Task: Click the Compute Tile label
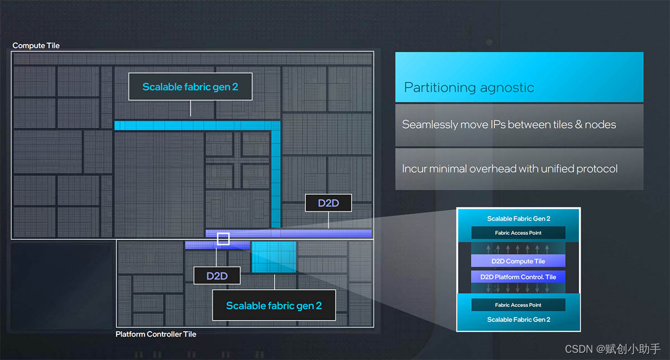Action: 36,46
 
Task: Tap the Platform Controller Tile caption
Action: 156,334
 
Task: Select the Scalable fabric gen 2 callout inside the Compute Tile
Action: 190,87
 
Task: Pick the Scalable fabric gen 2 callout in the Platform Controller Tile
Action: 274,305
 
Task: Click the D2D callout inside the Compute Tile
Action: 328,203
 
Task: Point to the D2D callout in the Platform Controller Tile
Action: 217,276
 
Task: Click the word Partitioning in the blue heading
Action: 440,88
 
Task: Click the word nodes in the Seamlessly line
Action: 600,124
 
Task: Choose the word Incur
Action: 414,169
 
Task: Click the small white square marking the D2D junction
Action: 223,238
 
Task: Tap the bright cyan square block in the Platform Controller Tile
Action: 274,257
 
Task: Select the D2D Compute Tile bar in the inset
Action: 518,261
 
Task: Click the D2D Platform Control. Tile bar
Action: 518,277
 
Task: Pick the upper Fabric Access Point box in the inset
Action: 518,233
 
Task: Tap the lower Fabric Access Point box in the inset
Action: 518,305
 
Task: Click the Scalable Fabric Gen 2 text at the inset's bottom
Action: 518,320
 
